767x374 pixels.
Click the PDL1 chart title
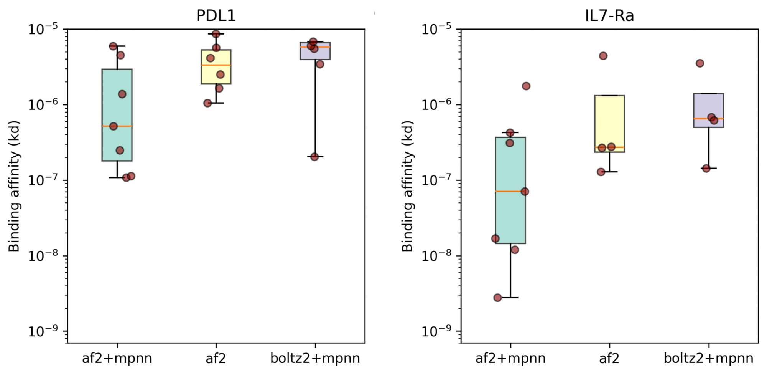(216, 15)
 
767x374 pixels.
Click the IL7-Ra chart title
(609, 15)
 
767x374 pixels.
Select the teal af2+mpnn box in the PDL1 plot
(117, 115)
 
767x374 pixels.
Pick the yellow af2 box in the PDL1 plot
(216, 67)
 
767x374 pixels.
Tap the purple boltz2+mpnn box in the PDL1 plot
(315, 51)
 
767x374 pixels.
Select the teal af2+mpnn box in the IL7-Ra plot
(510, 190)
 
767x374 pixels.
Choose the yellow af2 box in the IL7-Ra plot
(609, 124)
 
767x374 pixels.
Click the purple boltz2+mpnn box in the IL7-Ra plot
(709, 110)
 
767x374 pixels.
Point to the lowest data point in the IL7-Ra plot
(497, 298)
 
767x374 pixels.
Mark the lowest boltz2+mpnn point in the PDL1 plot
(314, 157)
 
